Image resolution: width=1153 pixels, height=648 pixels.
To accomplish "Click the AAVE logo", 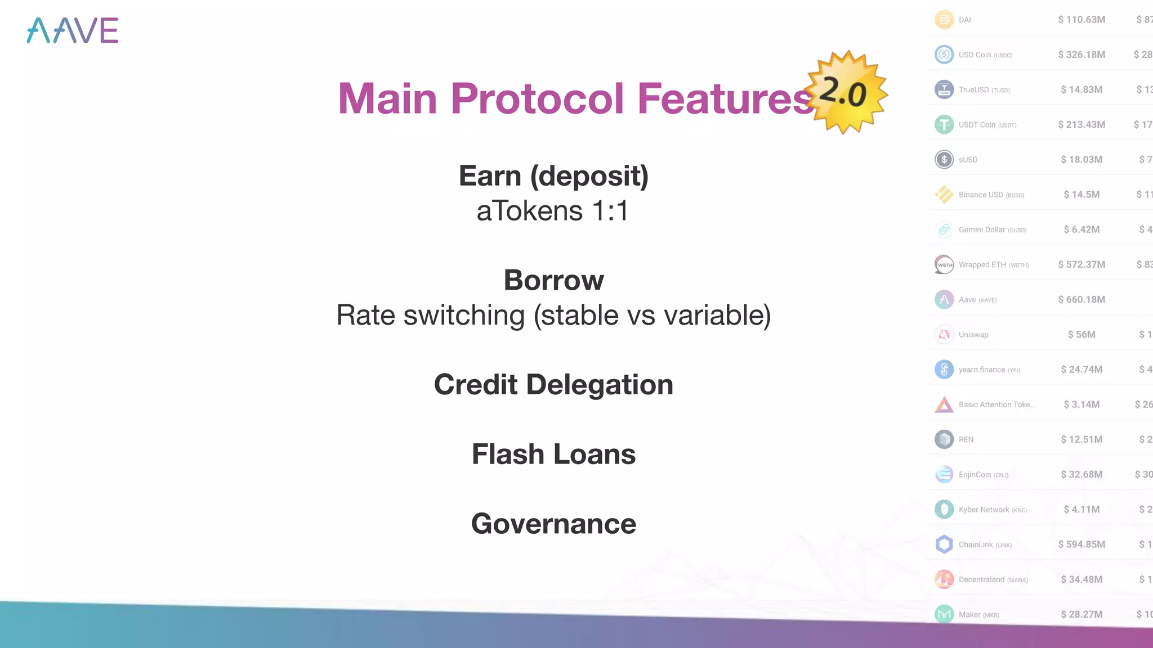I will point(73,30).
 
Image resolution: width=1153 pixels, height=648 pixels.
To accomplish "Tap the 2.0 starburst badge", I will point(845,93).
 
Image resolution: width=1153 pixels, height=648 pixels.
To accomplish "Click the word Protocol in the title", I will point(537,98).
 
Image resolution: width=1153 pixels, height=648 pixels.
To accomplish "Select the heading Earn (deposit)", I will point(553,175).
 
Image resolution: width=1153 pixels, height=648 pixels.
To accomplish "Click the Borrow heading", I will point(553,280).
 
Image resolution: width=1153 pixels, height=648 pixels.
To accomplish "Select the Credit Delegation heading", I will point(553,385).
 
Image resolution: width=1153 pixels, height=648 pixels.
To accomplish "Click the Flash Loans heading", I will point(553,454).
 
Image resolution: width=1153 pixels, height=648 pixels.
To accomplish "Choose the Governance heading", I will point(553,524).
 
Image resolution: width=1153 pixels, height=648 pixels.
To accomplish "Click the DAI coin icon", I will point(944,20).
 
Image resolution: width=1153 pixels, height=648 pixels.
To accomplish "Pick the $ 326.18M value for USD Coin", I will point(1082,55).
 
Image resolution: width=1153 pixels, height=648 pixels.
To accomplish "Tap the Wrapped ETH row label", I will point(993,265).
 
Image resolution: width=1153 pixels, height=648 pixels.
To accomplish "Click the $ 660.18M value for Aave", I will point(1082,300).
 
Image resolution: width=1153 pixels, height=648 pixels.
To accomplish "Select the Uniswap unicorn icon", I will point(944,335).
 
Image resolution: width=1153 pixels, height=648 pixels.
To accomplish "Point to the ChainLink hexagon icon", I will point(944,544).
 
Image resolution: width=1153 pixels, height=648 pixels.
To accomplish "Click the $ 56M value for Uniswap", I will point(1082,335).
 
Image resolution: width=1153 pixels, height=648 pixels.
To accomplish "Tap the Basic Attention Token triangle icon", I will point(944,405).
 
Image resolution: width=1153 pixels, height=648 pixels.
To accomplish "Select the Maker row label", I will point(978,615).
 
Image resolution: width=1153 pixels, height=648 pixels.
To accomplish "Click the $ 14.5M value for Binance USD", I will point(1082,195).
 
